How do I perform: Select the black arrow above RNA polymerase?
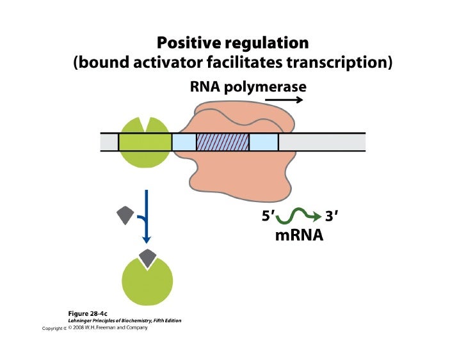click(290, 100)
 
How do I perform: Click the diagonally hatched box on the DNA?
click(222, 142)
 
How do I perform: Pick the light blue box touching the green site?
click(184, 142)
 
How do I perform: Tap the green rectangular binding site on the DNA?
click(145, 142)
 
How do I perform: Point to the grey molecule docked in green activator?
click(147, 258)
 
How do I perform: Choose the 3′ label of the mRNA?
click(332, 217)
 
